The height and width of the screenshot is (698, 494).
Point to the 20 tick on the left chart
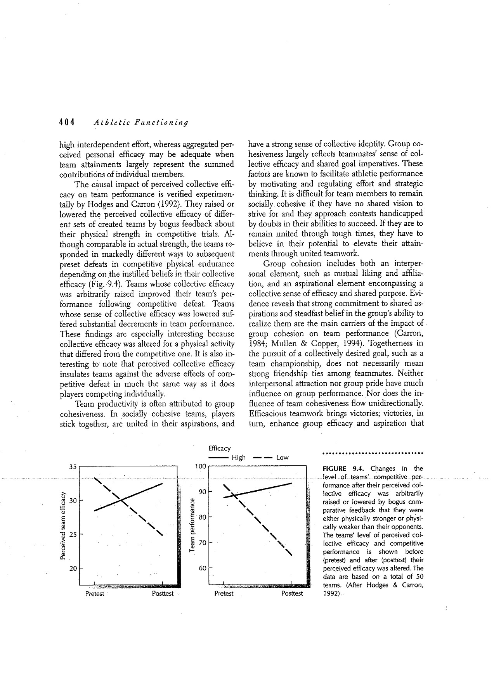click(x=73, y=569)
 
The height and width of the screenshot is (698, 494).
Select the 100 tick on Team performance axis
click(x=200, y=467)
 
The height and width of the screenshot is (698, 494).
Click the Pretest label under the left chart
click(x=95, y=594)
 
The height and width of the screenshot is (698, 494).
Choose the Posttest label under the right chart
click(x=292, y=594)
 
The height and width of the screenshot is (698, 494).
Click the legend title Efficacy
click(x=219, y=448)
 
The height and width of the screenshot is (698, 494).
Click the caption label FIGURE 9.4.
click(x=342, y=468)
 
